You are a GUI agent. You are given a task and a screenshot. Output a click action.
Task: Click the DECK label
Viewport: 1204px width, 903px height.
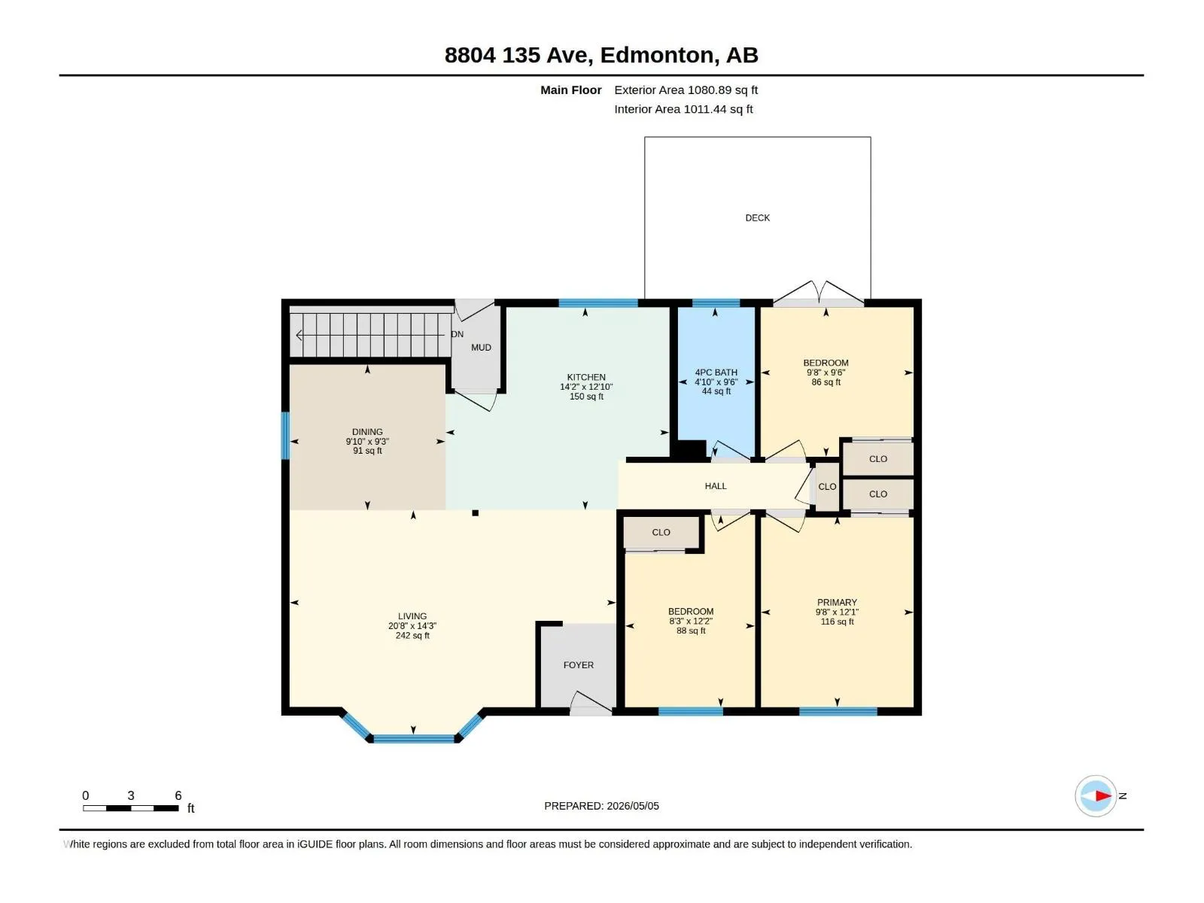click(x=757, y=218)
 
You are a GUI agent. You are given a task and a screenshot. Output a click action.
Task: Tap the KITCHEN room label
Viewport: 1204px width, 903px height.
click(x=585, y=377)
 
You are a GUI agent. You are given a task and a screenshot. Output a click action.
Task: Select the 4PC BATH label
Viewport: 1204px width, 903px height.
click(x=716, y=372)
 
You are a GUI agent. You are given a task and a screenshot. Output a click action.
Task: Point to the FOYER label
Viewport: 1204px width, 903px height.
click(x=578, y=664)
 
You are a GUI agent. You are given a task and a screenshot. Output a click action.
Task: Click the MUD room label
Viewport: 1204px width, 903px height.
click(x=481, y=348)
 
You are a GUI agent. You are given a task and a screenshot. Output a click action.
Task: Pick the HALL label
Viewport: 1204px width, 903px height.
click(x=716, y=486)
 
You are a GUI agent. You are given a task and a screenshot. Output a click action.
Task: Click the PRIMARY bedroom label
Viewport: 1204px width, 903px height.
click(x=837, y=602)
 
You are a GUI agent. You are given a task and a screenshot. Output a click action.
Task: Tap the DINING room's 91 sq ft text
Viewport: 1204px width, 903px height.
click(x=367, y=451)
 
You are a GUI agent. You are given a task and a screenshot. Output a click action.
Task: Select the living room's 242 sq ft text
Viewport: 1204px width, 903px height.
click(x=412, y=635)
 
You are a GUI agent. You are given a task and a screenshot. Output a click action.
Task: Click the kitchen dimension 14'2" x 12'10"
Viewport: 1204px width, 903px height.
click(x=585, y=387)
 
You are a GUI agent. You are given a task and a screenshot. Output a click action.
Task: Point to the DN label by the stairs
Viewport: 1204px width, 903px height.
click(x=457, y=334)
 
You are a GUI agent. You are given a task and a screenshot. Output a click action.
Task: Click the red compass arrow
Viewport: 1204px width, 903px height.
click(x=1102, y=795)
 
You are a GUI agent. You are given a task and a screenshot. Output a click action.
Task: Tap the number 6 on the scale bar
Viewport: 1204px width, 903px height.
click(x=178, y=795)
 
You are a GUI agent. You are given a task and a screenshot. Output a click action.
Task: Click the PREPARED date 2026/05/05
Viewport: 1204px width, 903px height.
click(x=632, y=805)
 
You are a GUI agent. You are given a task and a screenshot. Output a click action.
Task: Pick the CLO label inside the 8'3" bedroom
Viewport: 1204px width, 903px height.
click(x=661, y=532)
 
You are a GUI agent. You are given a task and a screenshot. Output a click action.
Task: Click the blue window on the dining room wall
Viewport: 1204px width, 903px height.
click(x=285, y=436)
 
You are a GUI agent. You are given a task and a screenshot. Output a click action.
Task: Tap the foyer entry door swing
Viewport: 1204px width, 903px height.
click(x=591, y=702)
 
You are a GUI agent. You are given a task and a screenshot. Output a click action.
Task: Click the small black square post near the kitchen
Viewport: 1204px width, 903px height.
click(x=475, y=513)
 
